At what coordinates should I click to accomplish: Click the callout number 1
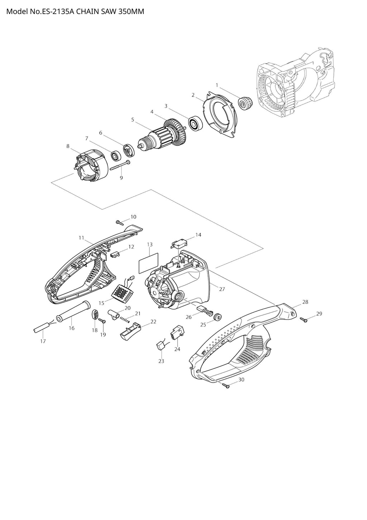click(x=217, y=85)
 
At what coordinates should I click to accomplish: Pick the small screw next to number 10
click(x=120, y=222)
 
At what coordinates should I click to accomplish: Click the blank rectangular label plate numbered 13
click(x=148, y=263)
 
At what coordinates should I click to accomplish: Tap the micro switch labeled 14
click(x=178, y=245)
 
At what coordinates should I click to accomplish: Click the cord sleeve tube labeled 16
click(x=74, y=312)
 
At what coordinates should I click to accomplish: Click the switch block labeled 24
click(x=177, y=333)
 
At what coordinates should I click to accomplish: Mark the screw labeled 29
click(x=304, y=320)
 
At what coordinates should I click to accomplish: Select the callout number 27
click(x=222, y=289)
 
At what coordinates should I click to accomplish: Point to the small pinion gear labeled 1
click(x=246, y=103)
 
